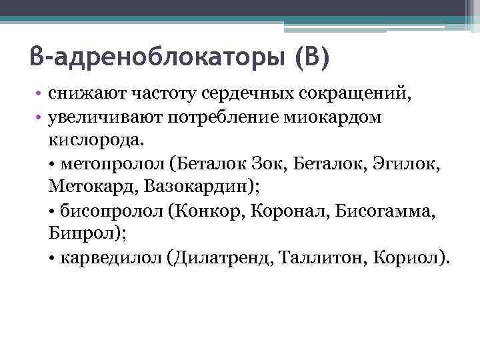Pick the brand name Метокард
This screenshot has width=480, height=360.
90,187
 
